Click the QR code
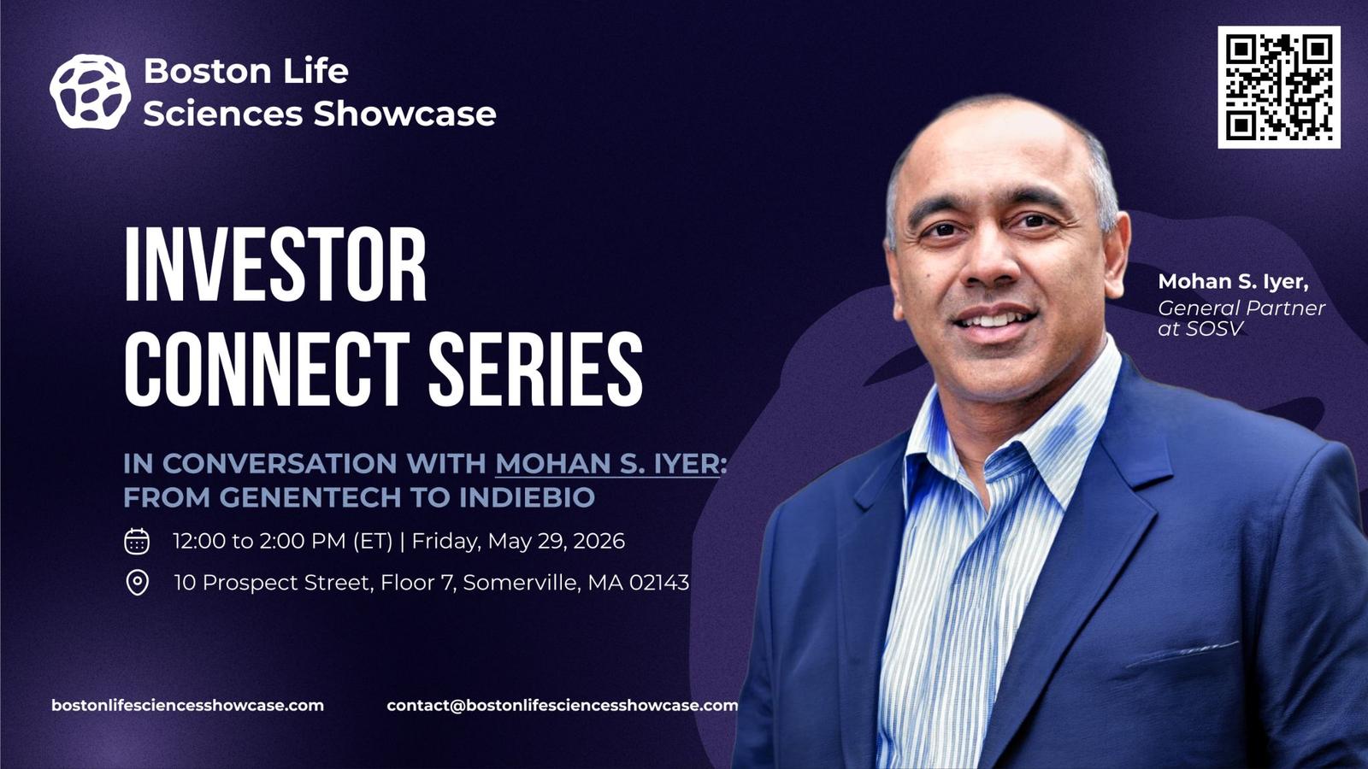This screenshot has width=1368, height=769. pos(1279,86)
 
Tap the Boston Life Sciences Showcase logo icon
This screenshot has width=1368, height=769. pos(90,92)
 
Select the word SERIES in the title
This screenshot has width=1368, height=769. pos(535,369)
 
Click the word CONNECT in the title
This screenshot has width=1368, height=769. pos(268,369)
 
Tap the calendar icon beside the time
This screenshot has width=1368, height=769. pos(137,542)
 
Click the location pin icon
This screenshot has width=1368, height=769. pos(137,583)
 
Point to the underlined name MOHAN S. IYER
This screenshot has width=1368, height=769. pos(607,464)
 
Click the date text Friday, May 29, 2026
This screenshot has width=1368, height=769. pos(518,542)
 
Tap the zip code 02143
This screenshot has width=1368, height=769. pos(659,583)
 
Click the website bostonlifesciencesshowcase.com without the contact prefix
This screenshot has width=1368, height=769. pos(187,706)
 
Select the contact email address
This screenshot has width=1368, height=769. pos(563,706)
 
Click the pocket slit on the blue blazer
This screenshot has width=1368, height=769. pos(1182,654)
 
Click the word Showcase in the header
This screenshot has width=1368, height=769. pos(405,114)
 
